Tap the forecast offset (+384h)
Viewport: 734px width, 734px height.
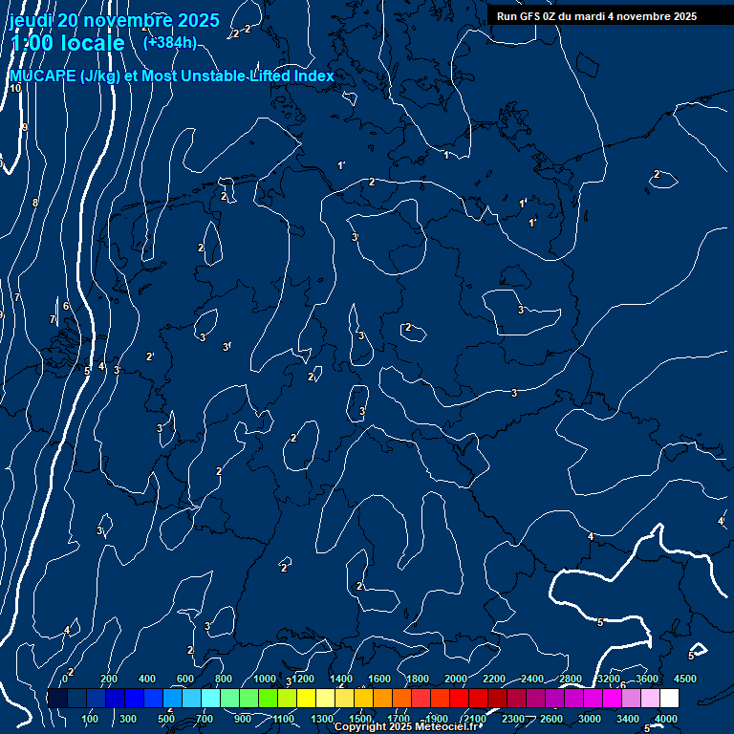(x=170, y=42)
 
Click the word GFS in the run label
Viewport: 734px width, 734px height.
(x=530, y=16)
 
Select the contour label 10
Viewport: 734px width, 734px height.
(x=15, y=88)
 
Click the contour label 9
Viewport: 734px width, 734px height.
(x=25, y=127)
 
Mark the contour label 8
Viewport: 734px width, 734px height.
(x=35, y=203)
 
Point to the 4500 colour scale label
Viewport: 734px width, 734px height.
(x=684, y=679)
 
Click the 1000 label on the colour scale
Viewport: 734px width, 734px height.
(x=265, y=679)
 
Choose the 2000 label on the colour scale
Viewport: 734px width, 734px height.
(x=456, y=679)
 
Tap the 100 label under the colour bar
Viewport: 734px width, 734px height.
(x=91, y=719)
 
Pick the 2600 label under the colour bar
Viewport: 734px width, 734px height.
(x=551, y=719)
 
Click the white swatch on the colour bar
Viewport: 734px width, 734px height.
(x=669, y=699)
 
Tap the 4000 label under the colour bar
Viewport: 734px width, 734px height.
(x=666, y=719)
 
